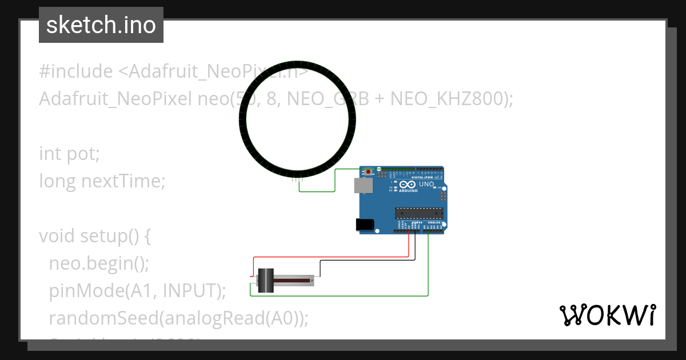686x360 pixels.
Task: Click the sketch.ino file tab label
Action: (x=101, y=25)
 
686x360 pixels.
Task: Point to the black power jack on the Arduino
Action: (x=364, y=225)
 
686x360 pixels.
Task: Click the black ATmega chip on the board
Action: (x=419, y=214)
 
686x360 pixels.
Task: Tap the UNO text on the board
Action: (x=426, y=185)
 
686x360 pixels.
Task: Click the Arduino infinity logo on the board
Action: (x=408, y=185)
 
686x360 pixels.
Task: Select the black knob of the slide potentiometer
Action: (x=266, y=281)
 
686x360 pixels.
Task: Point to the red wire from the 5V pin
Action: (x=343, y=257)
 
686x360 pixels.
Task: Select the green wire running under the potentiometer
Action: (x=343, y=296)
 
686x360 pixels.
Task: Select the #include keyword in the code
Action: (x=76, y=71)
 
